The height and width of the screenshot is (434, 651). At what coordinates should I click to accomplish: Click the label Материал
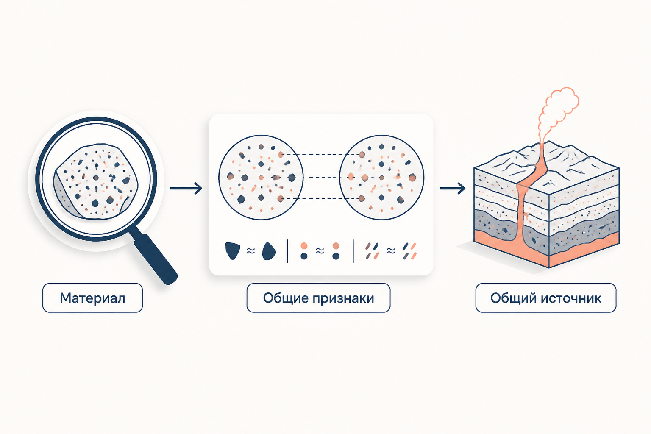(92, 298)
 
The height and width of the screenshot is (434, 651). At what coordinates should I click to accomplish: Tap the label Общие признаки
(319, 298)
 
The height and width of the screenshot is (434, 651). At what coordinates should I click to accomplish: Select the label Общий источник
(546, 298)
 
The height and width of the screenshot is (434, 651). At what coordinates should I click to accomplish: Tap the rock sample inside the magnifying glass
(96, 181)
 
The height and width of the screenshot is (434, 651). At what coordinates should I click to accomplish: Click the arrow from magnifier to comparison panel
(186, 188)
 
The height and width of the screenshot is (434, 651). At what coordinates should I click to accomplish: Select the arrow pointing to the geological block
(453, 188)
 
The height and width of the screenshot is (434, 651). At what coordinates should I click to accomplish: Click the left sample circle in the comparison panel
(261, 177)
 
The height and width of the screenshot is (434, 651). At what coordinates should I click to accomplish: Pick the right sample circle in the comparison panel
(381, 177)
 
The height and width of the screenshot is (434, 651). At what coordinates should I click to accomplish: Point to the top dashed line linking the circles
(321, 155)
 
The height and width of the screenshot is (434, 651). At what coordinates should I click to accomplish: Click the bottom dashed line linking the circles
(321, 198)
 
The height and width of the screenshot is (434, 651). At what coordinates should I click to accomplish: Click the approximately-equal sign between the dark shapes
(250, 250)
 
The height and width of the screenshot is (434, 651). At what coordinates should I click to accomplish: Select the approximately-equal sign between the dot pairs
(320, 250)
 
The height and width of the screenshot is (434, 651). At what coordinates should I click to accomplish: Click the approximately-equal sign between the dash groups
(391, 250)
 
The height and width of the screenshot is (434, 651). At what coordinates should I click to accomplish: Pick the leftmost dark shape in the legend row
(233, 250)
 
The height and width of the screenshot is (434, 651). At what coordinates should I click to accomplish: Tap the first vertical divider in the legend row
(287, 251)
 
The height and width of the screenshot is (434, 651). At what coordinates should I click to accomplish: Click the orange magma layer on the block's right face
(584, 251)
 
